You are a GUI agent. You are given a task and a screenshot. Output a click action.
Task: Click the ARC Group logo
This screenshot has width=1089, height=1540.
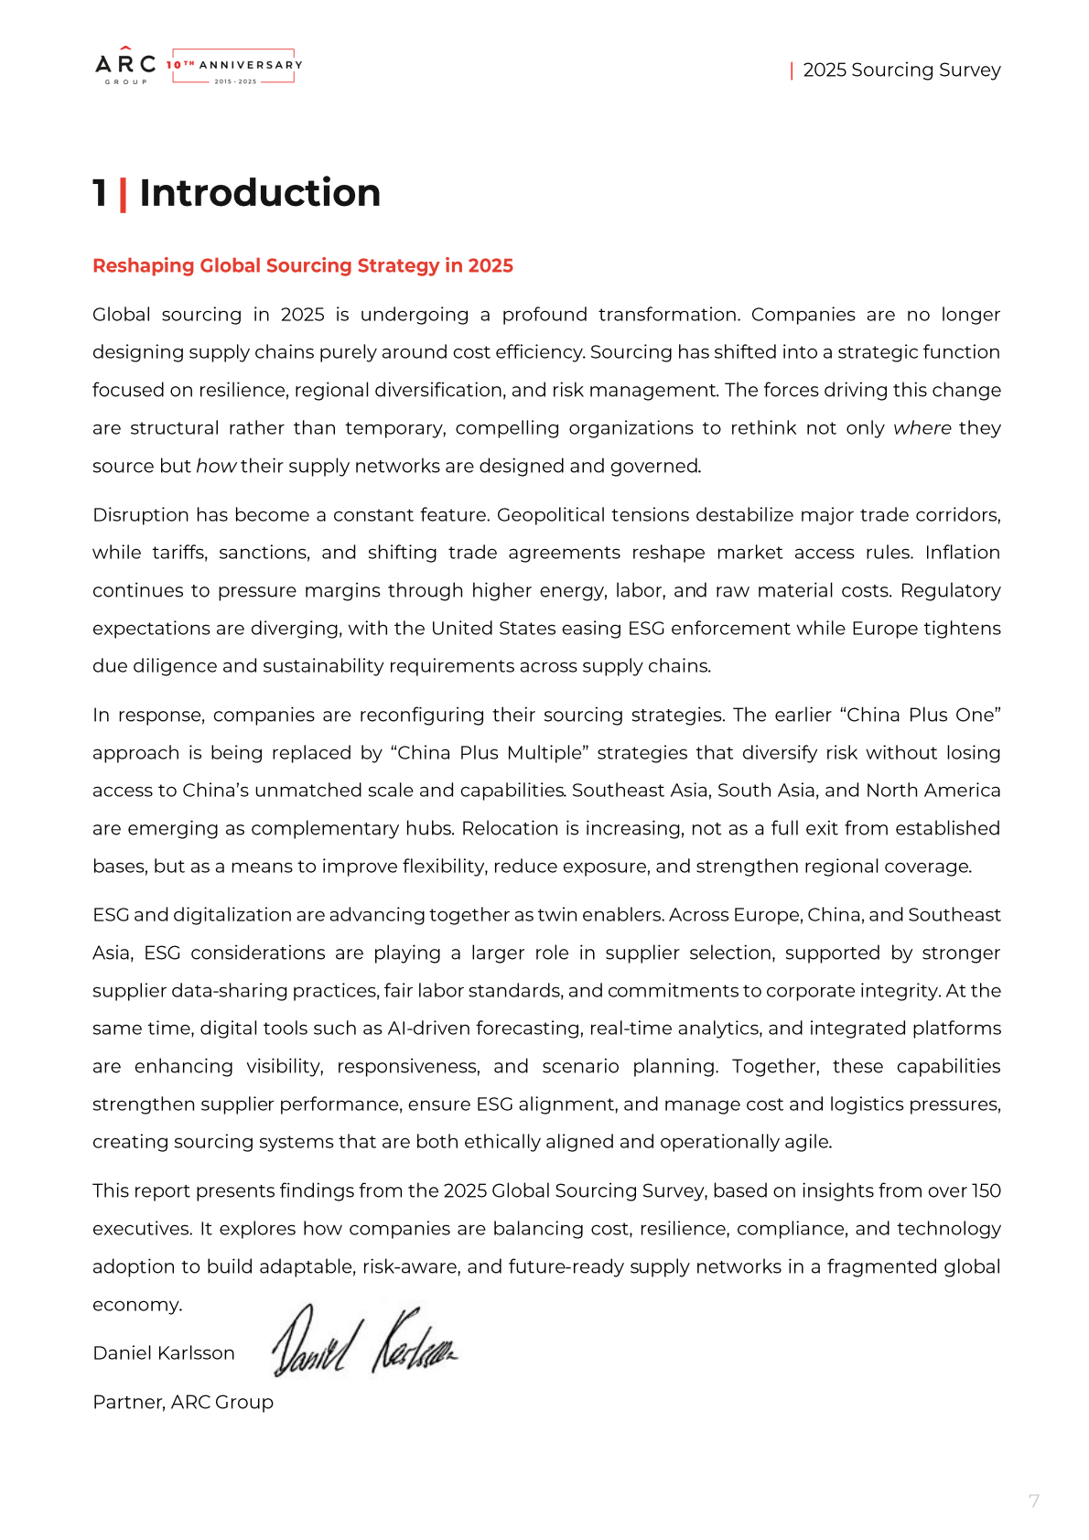click(x=125, y=66)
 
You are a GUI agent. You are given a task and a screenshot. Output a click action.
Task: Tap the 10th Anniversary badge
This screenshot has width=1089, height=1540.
click(x=234, y=67)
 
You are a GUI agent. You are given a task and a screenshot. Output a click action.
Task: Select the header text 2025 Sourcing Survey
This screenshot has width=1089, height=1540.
click(x=901, y=70)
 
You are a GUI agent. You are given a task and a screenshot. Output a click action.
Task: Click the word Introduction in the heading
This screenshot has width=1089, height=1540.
click(x=260, y=193)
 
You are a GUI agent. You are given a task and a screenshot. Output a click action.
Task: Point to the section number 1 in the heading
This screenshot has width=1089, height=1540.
click(x=100, y=193)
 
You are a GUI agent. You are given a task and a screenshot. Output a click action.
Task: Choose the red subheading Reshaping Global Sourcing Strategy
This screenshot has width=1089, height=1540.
click(x=302, y=266)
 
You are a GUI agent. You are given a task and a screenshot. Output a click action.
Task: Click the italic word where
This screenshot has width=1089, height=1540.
click(x=922, y=428)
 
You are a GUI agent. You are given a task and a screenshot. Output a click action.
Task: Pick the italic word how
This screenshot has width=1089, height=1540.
click(x=216, y=467)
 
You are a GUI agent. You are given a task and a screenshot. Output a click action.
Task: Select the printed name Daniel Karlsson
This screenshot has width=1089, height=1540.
click(x=164, y=1353)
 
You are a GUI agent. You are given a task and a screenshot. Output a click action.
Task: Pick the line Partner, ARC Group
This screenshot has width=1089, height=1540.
click(x=183, y=1403)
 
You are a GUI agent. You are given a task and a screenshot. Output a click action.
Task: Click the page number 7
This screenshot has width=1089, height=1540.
click(x=1034, y=1502)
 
